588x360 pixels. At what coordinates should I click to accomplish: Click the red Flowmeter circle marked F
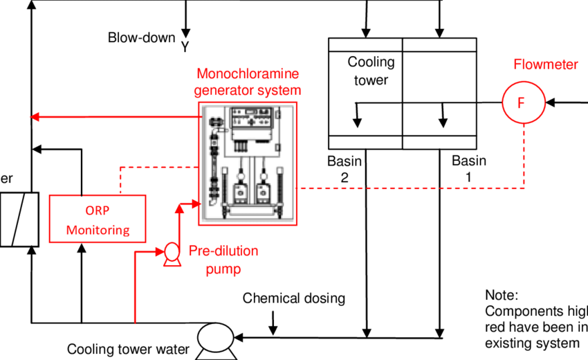522,103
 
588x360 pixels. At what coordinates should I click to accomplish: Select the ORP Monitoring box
98,219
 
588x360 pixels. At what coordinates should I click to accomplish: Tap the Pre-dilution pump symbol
169,255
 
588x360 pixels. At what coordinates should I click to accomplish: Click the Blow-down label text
141,37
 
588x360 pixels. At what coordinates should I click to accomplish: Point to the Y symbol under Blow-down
185,46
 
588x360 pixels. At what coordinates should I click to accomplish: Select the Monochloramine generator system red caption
248,82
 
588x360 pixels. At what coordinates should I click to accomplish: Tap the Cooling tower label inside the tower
371,71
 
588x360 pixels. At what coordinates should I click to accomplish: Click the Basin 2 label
344,169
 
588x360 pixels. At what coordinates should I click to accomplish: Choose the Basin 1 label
469,169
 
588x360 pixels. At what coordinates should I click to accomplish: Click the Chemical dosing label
293,298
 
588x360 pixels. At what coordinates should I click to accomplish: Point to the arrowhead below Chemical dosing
275,326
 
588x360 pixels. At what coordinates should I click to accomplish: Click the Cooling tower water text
127,349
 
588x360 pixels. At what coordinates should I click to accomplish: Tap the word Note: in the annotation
502,296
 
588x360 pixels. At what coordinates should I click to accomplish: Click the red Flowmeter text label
545,65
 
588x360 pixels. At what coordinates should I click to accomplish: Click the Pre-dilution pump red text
224,260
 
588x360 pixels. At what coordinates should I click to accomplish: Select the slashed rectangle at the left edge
13,219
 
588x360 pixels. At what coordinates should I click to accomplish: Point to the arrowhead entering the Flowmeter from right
551,103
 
